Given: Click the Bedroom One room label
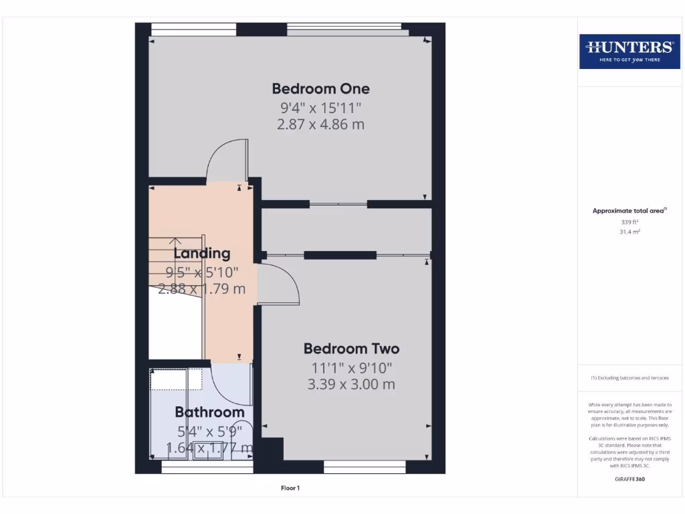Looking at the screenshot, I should (x=320, y=88).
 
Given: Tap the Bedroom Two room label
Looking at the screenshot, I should (x=351, y=349).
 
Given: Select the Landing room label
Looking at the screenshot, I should (x=202, y=253).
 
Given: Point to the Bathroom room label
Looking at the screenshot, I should (x=209, y=412).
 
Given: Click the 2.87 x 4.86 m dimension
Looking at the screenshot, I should (x=320, y=124).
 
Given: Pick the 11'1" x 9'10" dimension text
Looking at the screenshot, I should (x=351, y=367).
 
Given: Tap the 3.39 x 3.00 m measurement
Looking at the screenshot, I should (x=351, y=384).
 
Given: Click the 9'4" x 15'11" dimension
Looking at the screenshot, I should (x=320, y=107).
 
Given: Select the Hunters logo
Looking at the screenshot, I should (x=629, y=51).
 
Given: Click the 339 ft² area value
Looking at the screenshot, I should (x=629, y=222).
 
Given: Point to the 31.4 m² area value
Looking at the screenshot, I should (x=629, y=232).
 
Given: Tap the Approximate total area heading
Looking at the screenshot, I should (x=628, y=211).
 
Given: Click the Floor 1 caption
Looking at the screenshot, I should (x=290, y=489).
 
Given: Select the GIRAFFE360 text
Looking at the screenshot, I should (x=629, y=479).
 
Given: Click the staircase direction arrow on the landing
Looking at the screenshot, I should (x=175, y=242).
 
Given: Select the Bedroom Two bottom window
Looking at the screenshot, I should (x=365, y=466).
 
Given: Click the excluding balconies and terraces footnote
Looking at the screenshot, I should (x=629, y=378).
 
